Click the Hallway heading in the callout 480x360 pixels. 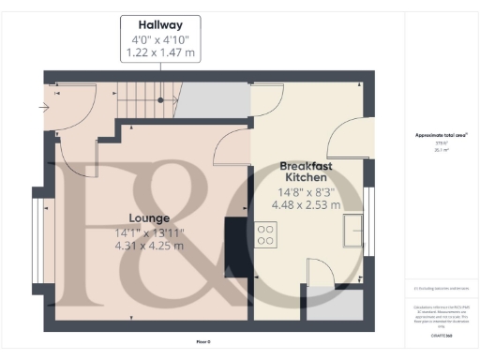click(x=160, y=23)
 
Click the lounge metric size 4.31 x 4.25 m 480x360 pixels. click(x=149, y=247)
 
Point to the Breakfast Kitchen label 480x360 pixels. click(x=305, y=171)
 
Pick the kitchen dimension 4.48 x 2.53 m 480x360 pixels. click(x=305, y=203)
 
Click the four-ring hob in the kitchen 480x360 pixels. click(x=266, y=233)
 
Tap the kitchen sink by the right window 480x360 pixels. click(x=354, y=230)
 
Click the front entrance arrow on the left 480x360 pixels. click(x=47, y=106)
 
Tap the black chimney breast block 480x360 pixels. click(x=237, y=247)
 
